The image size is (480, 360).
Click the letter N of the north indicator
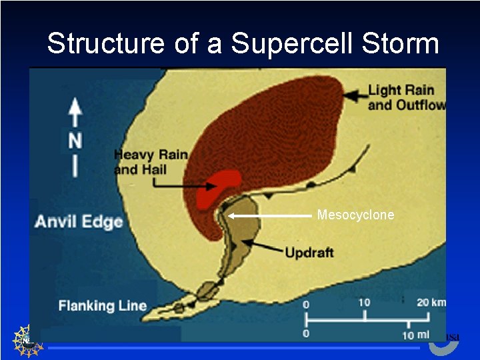[x=75, y=141]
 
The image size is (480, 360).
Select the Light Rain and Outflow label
[x=406, y=97]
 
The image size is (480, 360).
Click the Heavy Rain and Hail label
[x=150, y=162]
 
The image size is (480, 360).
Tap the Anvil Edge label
[x=79, y=221]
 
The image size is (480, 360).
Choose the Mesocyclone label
[x=355, y=215]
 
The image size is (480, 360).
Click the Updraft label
[x=309, y=253]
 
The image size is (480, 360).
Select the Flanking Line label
[x=103, y=306]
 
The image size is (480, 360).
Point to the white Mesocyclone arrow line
[x=270, y=215]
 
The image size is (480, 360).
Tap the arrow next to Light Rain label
[x=353, y=95]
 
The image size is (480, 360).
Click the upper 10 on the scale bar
[x=364, y=303]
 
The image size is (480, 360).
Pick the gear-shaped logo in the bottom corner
[x=27, y=340]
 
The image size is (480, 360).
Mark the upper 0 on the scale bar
[x=307, y=305]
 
